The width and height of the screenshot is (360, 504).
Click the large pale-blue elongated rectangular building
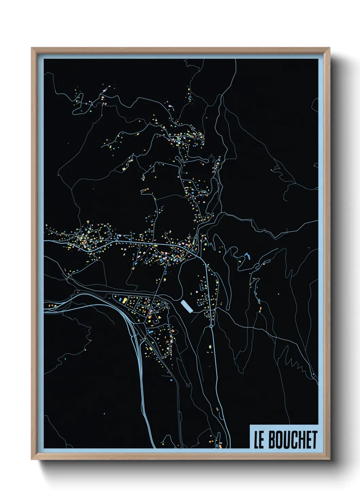187,306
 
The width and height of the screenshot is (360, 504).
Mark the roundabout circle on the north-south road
211,326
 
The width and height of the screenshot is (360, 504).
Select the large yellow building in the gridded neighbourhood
125,300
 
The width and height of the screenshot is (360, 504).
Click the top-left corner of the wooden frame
32,48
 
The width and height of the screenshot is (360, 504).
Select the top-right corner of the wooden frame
329,48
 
